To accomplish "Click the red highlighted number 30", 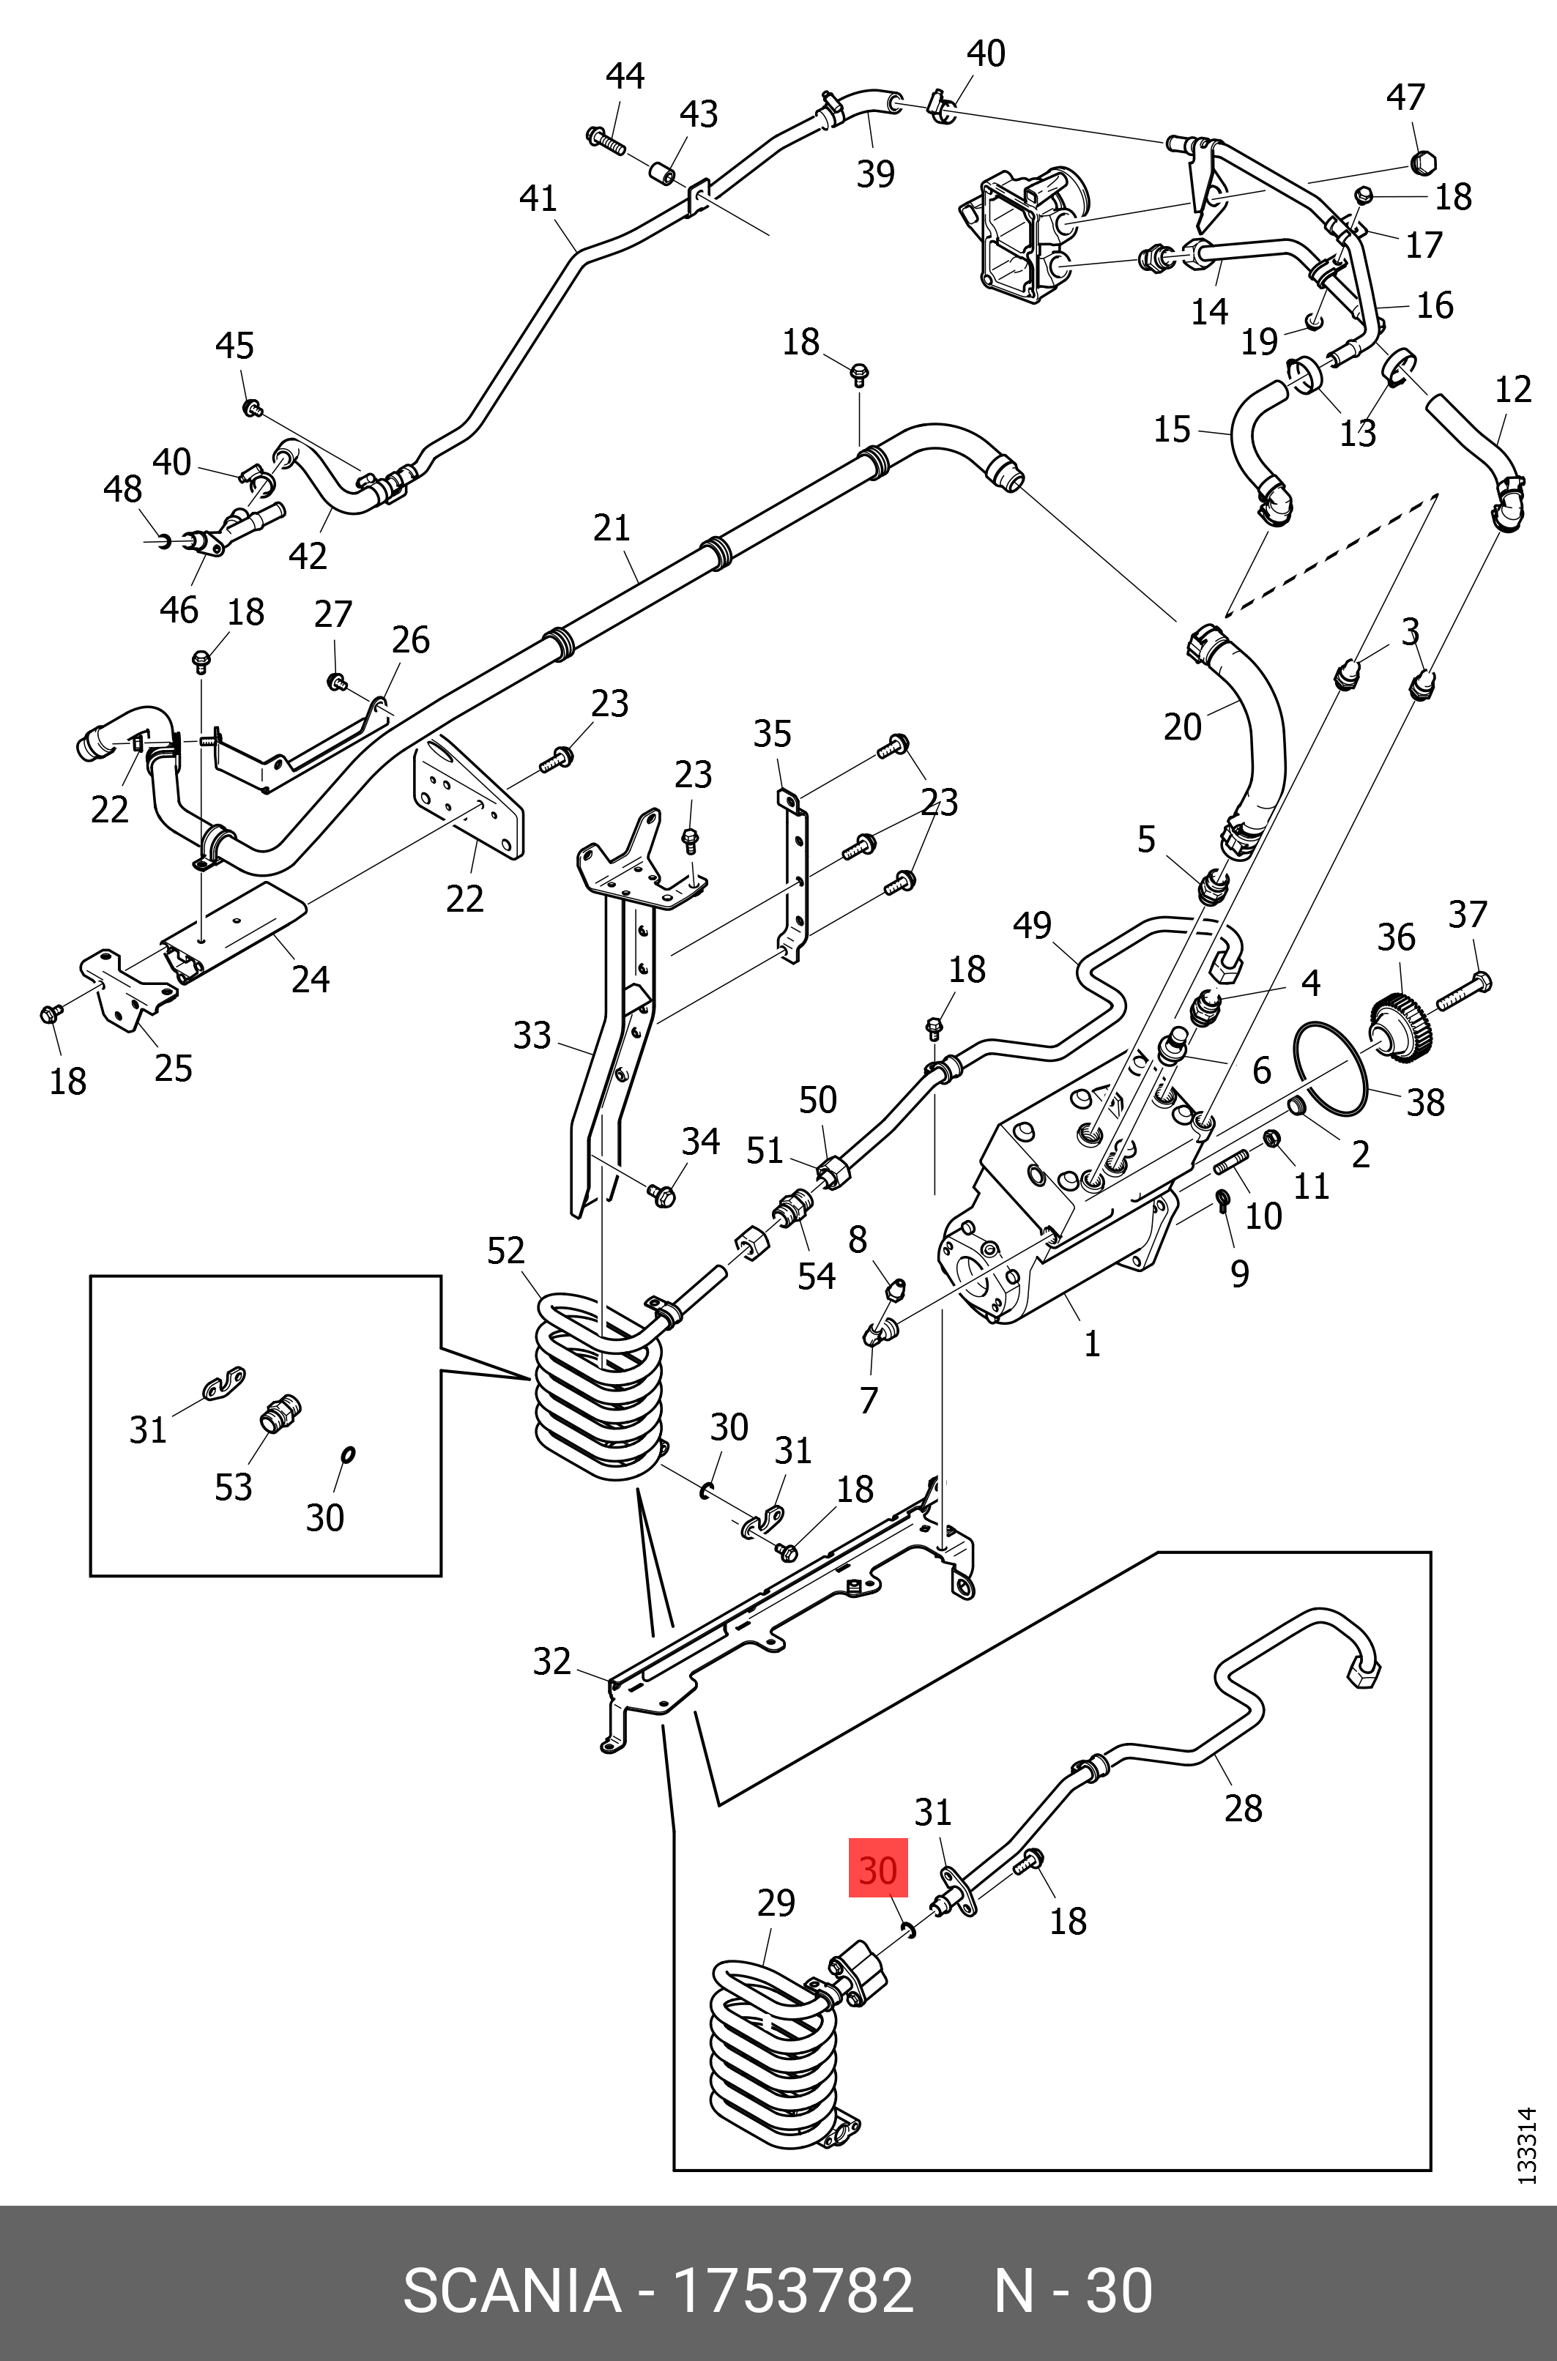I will click(878, 1870).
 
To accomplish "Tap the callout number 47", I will click(1405, 97).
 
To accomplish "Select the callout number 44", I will click(625, 76).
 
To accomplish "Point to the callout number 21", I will click(612, 528).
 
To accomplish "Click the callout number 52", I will click(505, 1250).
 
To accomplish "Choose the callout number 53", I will click(234, 1487).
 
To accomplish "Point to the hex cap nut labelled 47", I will click(1424, 162).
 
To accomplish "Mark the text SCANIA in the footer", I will click(511, 2291).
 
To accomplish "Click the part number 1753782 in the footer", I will click(792, 2291).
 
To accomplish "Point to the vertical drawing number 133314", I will click(1527, 2144).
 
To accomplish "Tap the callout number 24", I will click(310, 980).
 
